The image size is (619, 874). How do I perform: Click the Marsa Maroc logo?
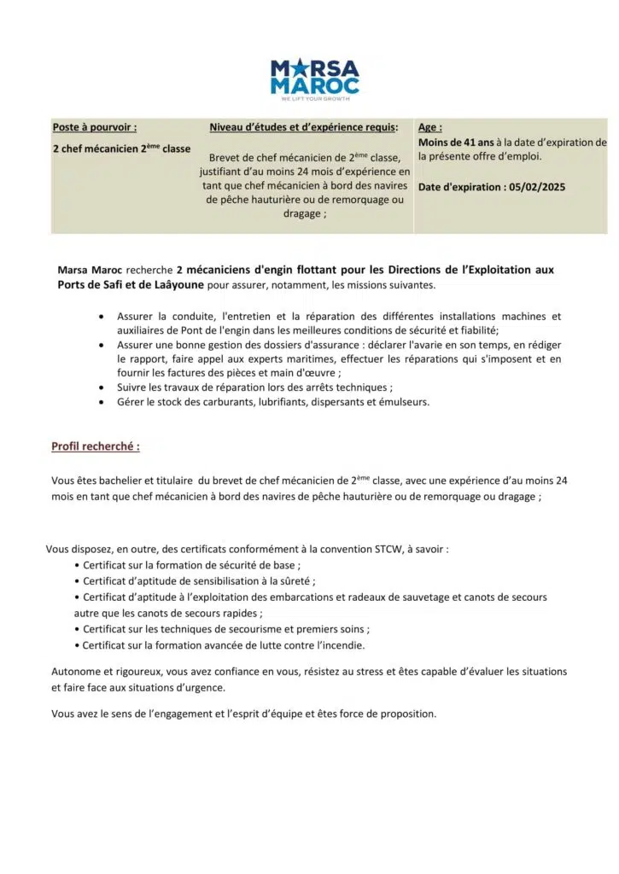[314, 77]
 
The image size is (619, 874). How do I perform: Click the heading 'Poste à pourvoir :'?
[95, 127]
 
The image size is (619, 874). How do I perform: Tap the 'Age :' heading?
[430, 127]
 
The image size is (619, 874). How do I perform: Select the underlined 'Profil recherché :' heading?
[96, 446]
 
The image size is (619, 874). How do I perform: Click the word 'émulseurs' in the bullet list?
[404, 401]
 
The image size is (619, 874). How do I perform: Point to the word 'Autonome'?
[74, 672]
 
